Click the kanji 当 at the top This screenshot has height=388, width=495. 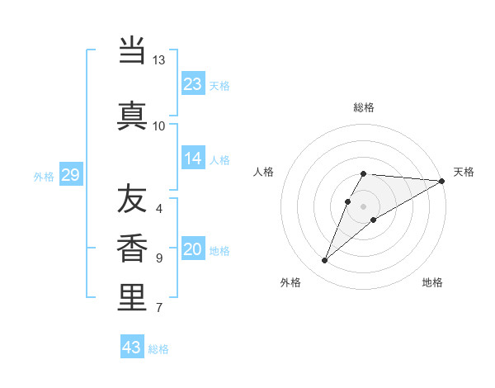point(132,51)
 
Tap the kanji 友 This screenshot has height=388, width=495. point(132,199)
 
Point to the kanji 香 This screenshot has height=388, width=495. point(132,248)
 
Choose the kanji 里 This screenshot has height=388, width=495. point(132,298)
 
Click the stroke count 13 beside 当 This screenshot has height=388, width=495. point(159,60)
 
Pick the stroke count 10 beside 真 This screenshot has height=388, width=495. point(159,125)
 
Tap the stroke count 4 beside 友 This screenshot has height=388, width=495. point(159,208)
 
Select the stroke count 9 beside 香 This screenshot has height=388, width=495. point(159,258)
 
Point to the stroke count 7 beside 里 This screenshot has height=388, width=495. point(159,308)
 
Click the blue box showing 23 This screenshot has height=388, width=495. point(193,84)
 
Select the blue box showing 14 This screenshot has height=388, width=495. point(193,159)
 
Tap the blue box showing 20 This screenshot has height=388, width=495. point(193,249)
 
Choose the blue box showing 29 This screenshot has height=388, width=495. point(70,175)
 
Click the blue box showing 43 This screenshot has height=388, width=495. point(132,348)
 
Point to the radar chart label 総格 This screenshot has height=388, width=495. point(364,107)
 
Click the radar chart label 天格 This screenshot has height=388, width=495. point(464,172)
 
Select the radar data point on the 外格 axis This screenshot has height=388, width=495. point(324,261)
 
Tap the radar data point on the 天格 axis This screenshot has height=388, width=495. point(442,181)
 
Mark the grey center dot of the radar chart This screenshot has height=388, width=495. point(364,206)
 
